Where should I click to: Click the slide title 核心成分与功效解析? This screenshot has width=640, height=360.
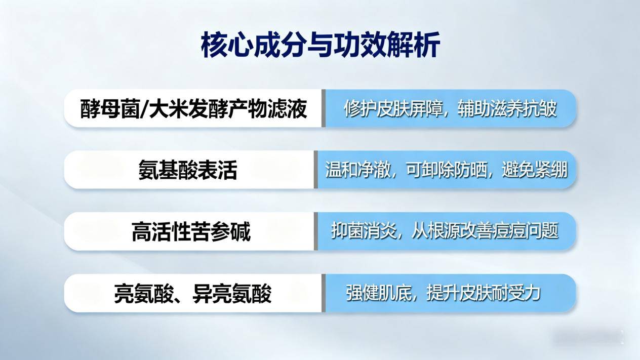320,45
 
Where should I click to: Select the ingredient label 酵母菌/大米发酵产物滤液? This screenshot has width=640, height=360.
193,109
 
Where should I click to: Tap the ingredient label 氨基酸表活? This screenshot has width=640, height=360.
188,170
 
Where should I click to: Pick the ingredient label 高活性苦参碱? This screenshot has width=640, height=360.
191,232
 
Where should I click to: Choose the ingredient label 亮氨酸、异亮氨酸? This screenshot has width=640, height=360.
192,294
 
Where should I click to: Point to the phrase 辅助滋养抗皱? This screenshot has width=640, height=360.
507,109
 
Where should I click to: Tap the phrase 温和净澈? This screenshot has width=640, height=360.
357,170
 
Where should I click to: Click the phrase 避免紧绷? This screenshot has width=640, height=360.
535,170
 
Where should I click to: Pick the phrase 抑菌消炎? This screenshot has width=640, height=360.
364,231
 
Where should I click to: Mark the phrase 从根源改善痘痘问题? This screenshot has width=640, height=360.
485,231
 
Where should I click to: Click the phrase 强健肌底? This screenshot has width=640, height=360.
379,293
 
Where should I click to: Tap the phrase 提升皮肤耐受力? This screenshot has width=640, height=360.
484,293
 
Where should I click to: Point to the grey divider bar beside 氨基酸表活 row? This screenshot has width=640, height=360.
316,170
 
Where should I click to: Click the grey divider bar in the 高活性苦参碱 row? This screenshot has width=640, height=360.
316,231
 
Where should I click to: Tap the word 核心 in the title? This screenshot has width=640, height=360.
227,45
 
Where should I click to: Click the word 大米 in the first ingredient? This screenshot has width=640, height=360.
168,109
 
